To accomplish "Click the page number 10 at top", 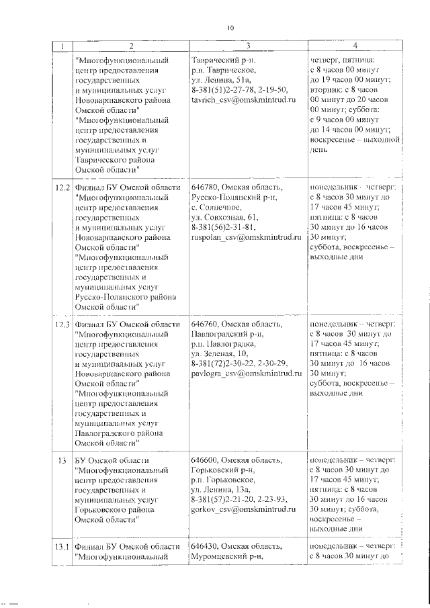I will (230, 28).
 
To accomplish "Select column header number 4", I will (355, 46).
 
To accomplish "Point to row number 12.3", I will (62, 324).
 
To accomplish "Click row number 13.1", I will (62, 547).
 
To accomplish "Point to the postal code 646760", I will (204, 324).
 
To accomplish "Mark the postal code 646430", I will (204, 547).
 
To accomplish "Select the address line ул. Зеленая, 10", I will (220, 354).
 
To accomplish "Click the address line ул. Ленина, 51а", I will (220, 80).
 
